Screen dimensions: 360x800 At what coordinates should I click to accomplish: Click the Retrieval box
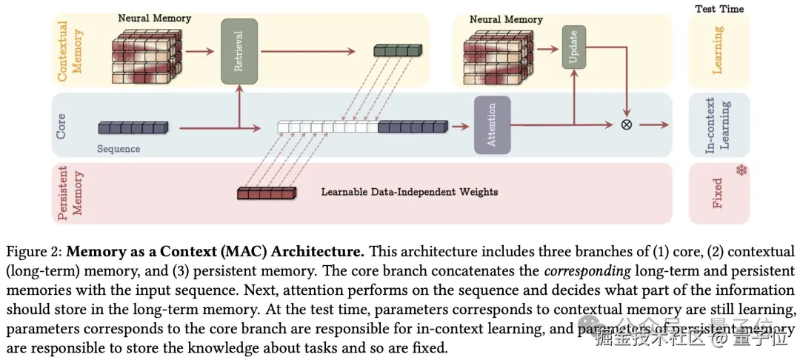pyautogui.click(x=239, y=51)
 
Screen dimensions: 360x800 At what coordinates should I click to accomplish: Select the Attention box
pyautogui.click(x=493, y=124)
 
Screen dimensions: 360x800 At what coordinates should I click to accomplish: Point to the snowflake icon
pyautogui.click(x=741, y=171)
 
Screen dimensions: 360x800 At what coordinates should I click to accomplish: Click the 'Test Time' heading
pyautogui.click(x=719, y=9)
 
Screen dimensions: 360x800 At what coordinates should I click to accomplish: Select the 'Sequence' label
pyautogui.click(x=119, y=149)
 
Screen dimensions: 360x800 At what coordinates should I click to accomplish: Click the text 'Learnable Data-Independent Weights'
pyautogui.click(x=409, y=192)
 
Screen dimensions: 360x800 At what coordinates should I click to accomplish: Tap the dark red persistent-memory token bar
pyautogui.click(x=266, y=193)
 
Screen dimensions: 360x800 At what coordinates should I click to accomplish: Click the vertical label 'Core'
pyautogui.click(x=62, y=125)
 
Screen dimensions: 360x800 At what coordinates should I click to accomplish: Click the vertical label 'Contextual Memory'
pyautogui.click(x=70, y=51)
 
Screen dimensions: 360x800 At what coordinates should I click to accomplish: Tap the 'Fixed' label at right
pyautogui.click(x=717, y=193)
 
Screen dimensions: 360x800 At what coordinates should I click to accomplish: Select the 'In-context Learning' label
pyautogui.click(x=717, y=124)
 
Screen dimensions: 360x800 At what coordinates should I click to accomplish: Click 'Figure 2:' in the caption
pyautogui.click(x=33, y=251)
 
